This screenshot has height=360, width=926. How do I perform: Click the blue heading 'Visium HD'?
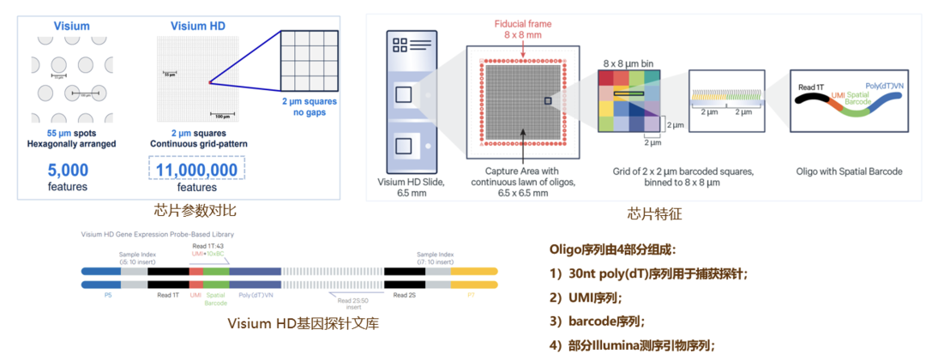click(x=200, y=26)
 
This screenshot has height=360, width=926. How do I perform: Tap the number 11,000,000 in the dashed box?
click(x=199, y=169)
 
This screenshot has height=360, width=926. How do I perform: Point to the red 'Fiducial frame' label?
click(x=522, y=22)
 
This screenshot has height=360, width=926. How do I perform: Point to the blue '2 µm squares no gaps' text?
click(x=309, y=106)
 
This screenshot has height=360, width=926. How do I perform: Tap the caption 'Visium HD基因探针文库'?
click(x=304, y=323)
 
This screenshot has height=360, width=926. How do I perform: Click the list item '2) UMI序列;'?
click(x=592, y=297)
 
